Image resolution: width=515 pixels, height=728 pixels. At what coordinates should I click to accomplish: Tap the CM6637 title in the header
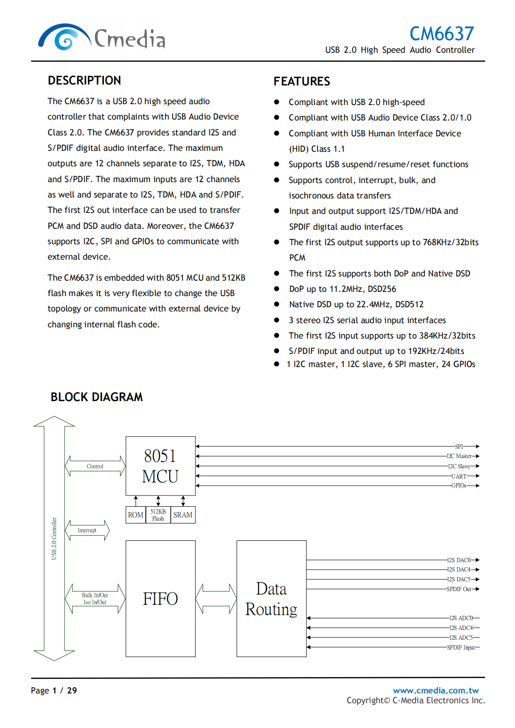441,34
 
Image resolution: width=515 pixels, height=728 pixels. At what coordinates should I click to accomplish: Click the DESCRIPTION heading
84,80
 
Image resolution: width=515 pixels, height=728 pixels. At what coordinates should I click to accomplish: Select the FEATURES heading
301,81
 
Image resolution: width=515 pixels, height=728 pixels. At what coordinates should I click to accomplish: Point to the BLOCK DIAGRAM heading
97,397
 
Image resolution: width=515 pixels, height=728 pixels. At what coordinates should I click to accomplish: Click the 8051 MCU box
160,466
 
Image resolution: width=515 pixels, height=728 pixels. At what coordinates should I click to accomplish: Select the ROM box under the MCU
136,515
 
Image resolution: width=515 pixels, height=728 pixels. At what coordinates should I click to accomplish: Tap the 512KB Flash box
158,515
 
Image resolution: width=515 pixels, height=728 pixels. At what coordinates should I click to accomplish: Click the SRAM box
183,515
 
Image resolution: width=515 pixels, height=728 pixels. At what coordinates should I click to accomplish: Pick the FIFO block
160,598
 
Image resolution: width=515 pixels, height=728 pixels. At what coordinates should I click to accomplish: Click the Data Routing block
271,598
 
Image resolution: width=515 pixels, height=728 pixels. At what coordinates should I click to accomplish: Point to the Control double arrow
95,466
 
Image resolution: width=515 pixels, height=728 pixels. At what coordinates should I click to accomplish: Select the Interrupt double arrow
87,530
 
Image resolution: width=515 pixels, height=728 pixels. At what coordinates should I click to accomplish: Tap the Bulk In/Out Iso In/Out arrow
95,599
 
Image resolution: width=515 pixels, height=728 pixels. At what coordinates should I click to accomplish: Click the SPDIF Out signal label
459,589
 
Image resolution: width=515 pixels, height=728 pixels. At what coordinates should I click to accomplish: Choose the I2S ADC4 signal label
461,628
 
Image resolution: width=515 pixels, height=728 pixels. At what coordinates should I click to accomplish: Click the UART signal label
458,476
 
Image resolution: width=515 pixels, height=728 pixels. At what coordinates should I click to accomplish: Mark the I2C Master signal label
459,456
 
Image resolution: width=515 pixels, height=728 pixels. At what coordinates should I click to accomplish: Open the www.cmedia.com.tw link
436,690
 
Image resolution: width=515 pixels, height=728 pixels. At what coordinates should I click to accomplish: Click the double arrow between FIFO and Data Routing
216,598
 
